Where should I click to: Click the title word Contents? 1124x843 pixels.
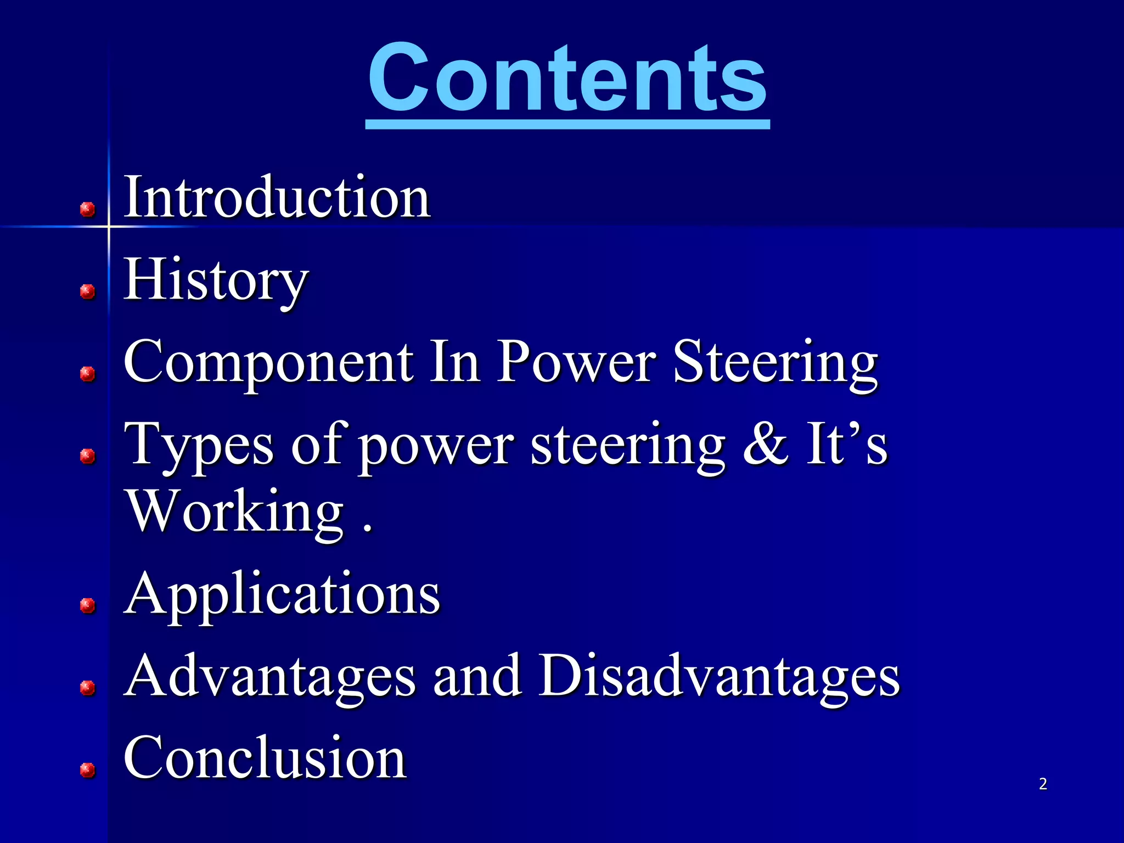click(567, 78)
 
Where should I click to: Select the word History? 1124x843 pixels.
click(216, 280)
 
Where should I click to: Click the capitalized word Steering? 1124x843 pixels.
click(775, 363)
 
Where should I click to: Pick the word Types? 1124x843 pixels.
click(199, 445)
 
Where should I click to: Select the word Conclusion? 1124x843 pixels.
click(265, 758)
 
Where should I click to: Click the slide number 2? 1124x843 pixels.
click(1043, 784)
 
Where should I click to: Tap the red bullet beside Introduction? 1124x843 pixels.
click(87, 209)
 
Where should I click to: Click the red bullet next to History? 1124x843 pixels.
click(87, 291)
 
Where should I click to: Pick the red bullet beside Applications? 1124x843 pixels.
click(87, 605)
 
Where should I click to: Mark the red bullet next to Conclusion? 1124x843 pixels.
click(87, 770)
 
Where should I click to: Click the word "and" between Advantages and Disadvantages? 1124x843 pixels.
click(477, 676)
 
